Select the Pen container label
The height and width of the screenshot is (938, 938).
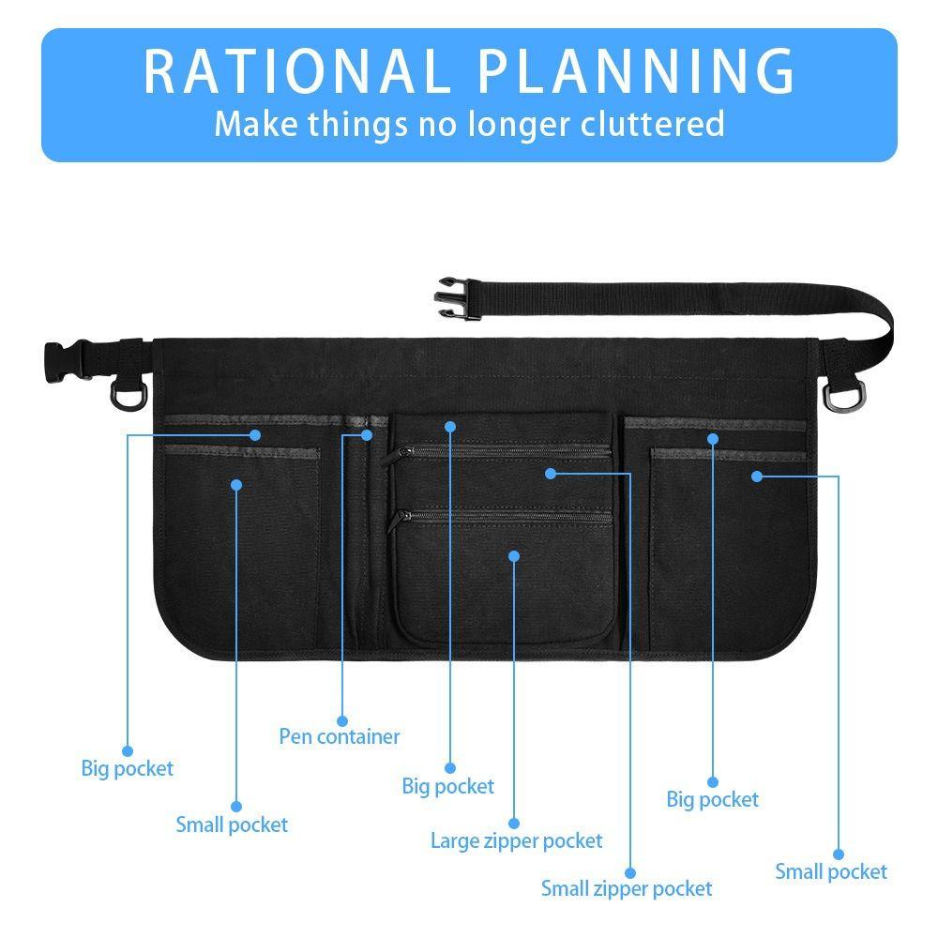pos(340,736)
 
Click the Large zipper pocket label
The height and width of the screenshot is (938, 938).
pos(516,841)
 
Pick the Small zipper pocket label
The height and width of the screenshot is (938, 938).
pos(627,889)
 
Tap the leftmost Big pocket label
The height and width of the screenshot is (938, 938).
pos(127,769)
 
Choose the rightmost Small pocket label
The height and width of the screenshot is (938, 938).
pos(831,871)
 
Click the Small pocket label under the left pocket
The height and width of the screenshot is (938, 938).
pos(232,825)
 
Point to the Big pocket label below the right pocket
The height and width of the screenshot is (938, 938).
pos(712,800)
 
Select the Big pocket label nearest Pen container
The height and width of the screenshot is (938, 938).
pos(447,787)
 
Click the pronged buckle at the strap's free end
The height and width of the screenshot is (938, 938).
pos(458,298)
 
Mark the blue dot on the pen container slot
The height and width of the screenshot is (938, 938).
pos(367,435)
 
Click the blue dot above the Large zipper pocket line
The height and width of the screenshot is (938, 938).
pos(514,556)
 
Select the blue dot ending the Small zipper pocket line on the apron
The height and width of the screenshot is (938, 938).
pos(551,474)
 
